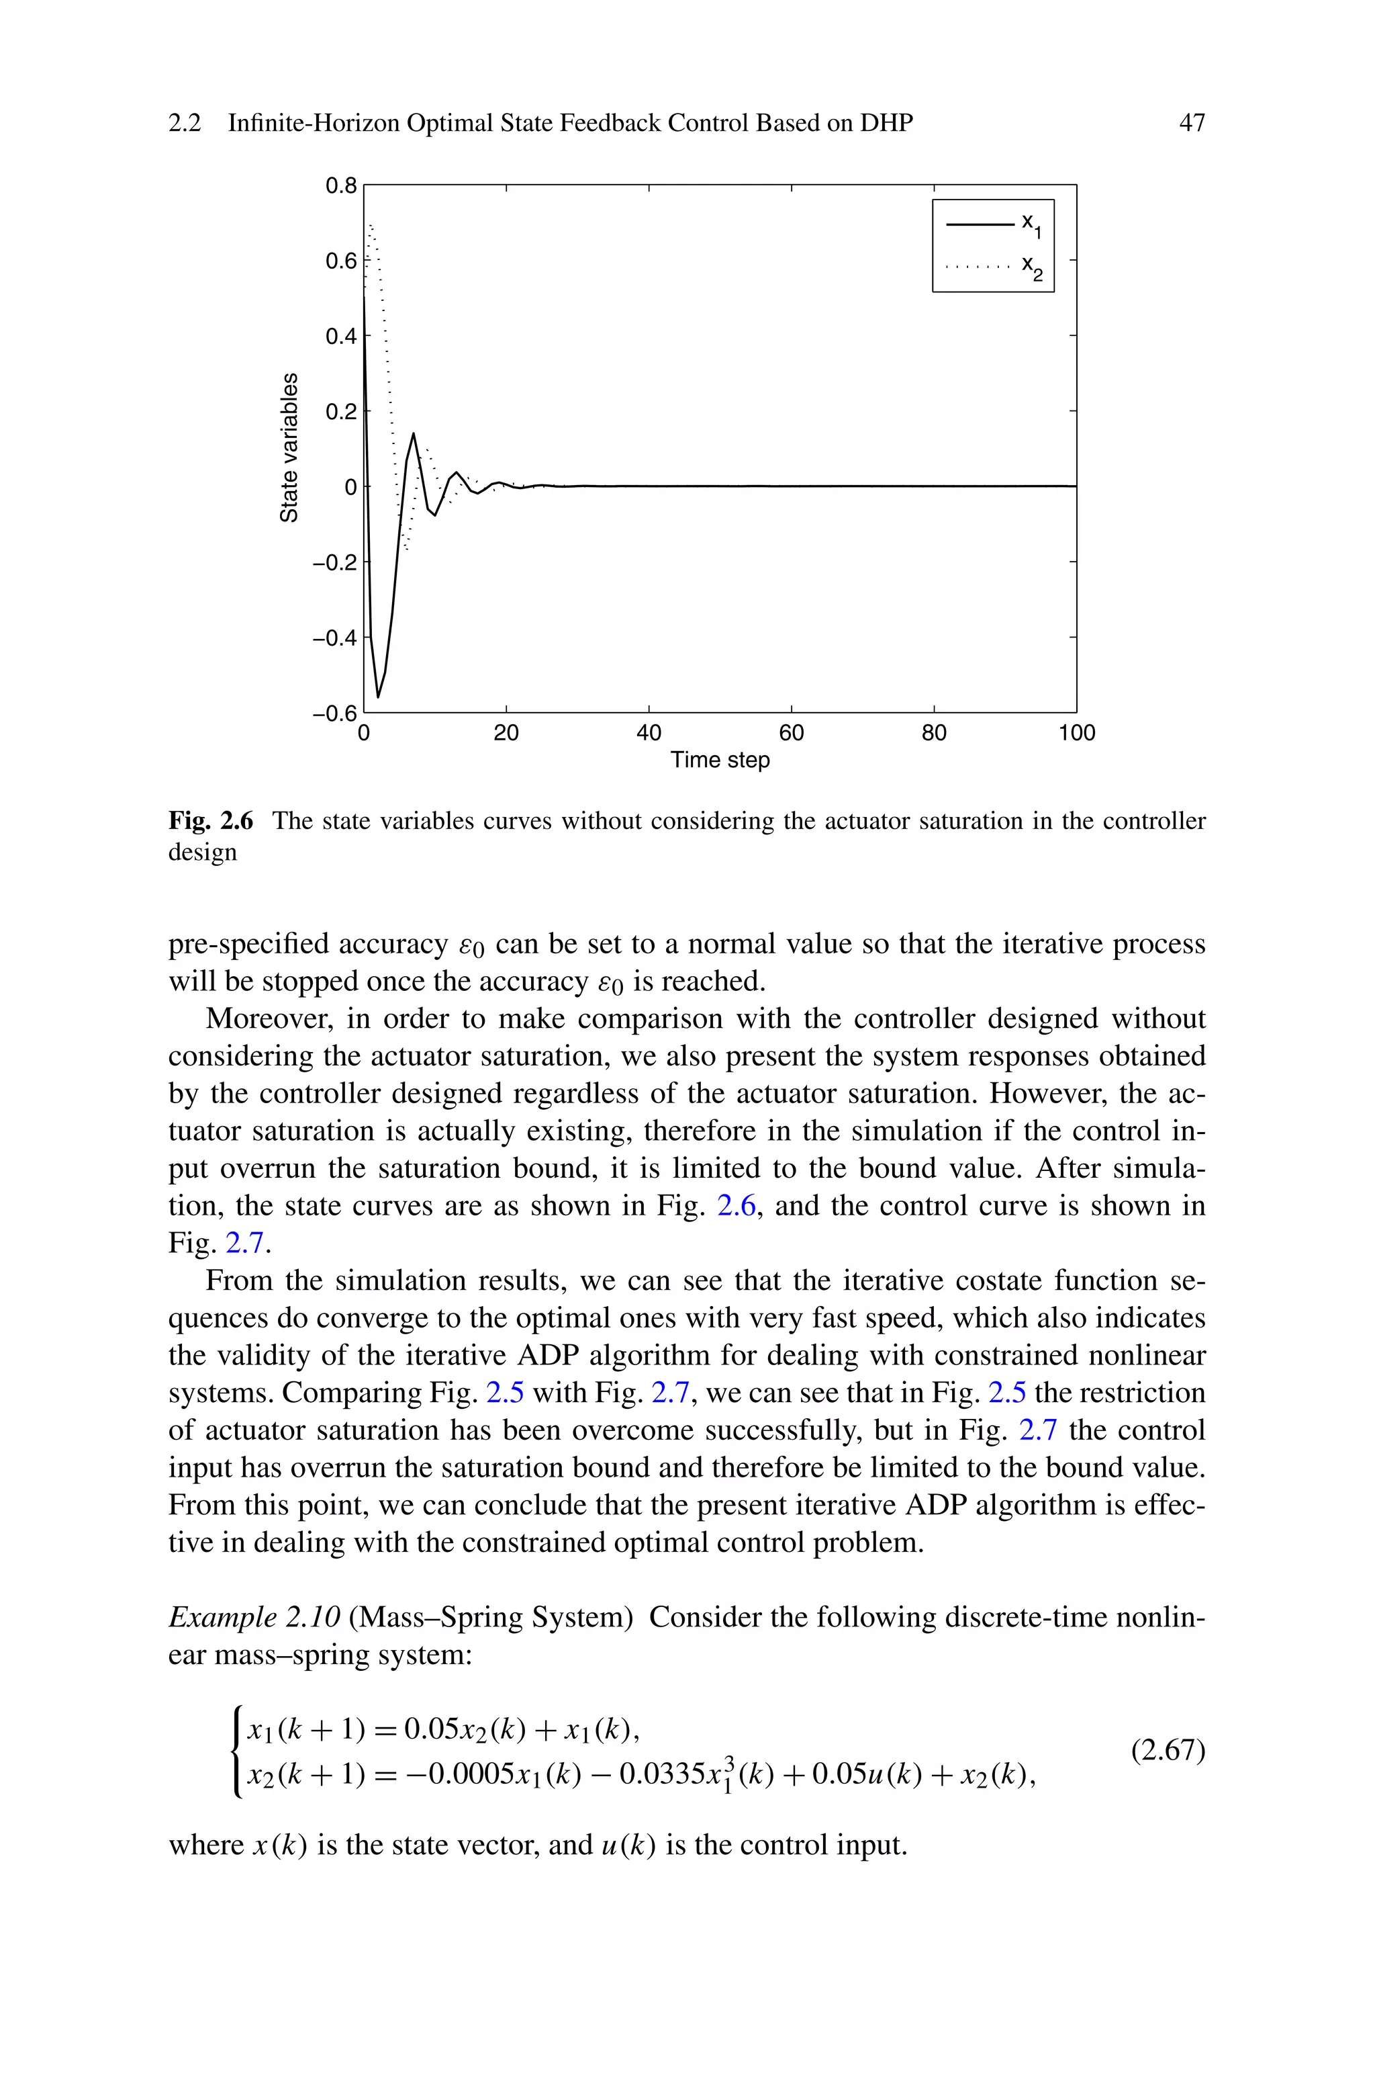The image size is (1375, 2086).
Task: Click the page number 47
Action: [1192, 123]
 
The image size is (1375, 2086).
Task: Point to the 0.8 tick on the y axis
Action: [341, 186]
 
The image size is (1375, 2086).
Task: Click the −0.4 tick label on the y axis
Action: [334, 638]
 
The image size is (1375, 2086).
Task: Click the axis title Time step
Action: [720, 760]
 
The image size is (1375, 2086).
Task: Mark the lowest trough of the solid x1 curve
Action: [378, 697]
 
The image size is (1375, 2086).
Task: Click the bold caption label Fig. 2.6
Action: [210, 821]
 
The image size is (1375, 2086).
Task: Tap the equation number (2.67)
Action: [1168, 1751]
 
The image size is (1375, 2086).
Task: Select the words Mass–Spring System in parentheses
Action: [491, 1616]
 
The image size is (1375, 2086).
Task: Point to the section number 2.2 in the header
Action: [184, 123]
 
